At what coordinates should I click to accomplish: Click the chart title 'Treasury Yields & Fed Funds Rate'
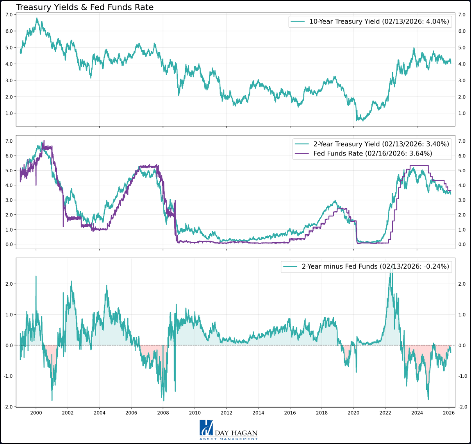pyautogui.click(x=85, y=7)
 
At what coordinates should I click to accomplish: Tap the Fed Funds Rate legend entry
pyautogui.click(x=372, y=154)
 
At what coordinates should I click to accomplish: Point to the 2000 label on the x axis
pyautogui.click(x=36, y=413)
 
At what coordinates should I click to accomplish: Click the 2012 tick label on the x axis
pyautogui.click(x=227, y=413)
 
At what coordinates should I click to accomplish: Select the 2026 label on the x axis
pyautogui.click(x=449, y=413)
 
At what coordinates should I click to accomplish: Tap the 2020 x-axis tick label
pyautogui.click(x=353, y=413)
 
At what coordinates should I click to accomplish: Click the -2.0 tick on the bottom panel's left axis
pyautogui.click(x=9, y=407)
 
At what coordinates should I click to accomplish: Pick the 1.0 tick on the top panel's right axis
pyautogui.click(x=462, y=113)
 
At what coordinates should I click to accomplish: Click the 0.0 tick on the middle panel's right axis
pyautogui.click(x=462, y=244)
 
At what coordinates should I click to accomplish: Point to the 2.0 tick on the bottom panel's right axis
pyautogui.click(x=462, y=284)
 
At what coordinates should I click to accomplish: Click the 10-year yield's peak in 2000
pyautogui.click(x=37, y=18)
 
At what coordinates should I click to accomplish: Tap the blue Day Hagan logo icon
pyautogui.click(x=206, y=428)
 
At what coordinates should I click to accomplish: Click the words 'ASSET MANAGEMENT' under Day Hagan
pyautogui.click(x=228, y=439)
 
